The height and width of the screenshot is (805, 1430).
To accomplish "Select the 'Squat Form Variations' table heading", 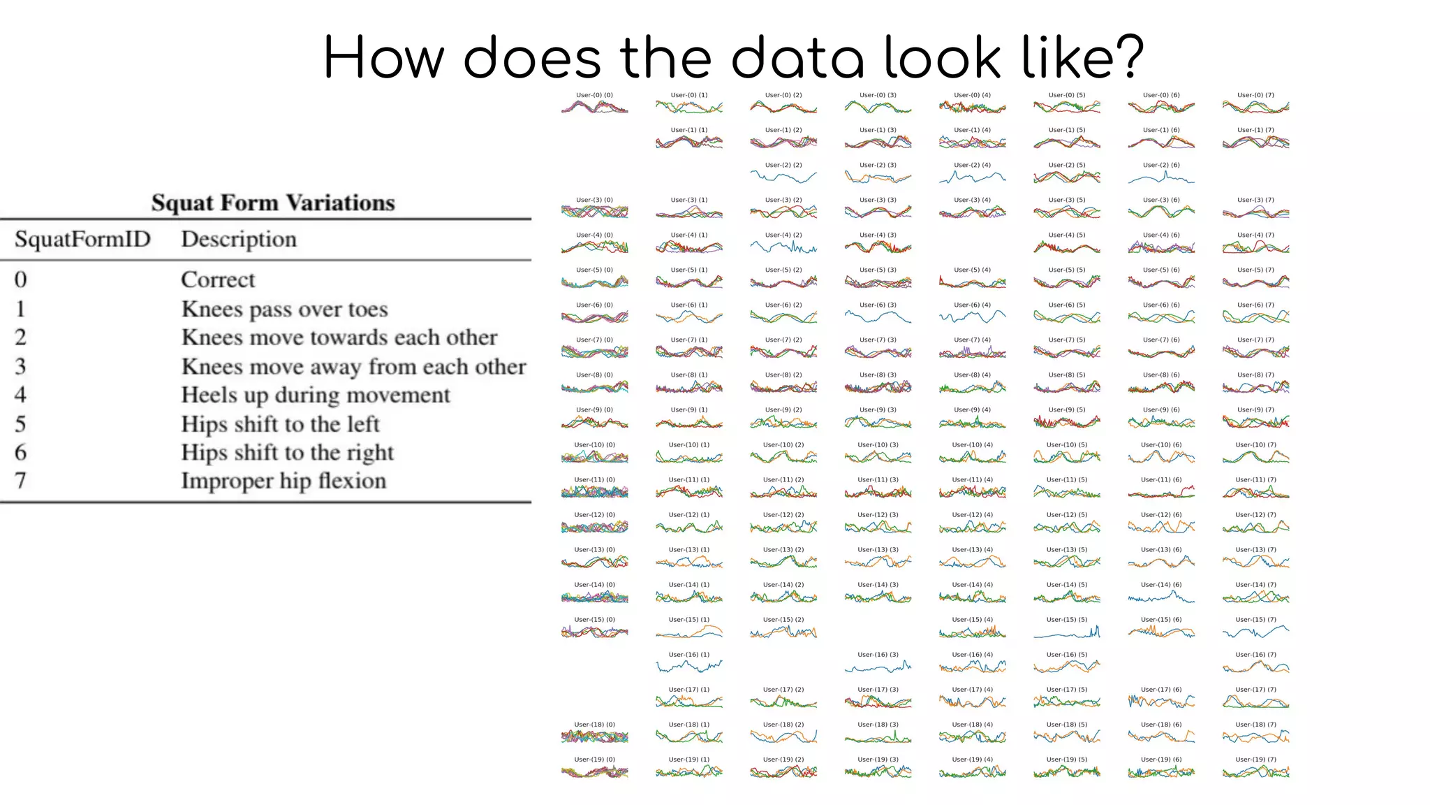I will (273, 203).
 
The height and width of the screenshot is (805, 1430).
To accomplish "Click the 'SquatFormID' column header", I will (82, 239).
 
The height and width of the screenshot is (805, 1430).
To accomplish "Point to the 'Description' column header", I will (239, 239).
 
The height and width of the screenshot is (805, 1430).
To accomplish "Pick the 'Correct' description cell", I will (218, 280).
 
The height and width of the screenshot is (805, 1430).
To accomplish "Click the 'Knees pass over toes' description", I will (284, 309).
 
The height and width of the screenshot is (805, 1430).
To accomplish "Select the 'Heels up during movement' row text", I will (316, 395).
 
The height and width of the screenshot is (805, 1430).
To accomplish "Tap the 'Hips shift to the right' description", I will (287, 453).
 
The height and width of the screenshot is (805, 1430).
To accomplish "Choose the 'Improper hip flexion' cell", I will (283, 481).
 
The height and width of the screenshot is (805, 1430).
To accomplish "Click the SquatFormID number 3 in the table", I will (20, 366).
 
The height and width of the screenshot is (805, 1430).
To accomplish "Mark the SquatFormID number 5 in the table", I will (20, 424).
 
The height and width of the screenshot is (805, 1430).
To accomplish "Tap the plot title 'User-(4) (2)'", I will (783, 235).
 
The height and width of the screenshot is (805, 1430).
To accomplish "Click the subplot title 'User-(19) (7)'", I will (1255, 760).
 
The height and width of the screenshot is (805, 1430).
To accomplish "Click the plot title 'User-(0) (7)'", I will (1255, 95).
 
